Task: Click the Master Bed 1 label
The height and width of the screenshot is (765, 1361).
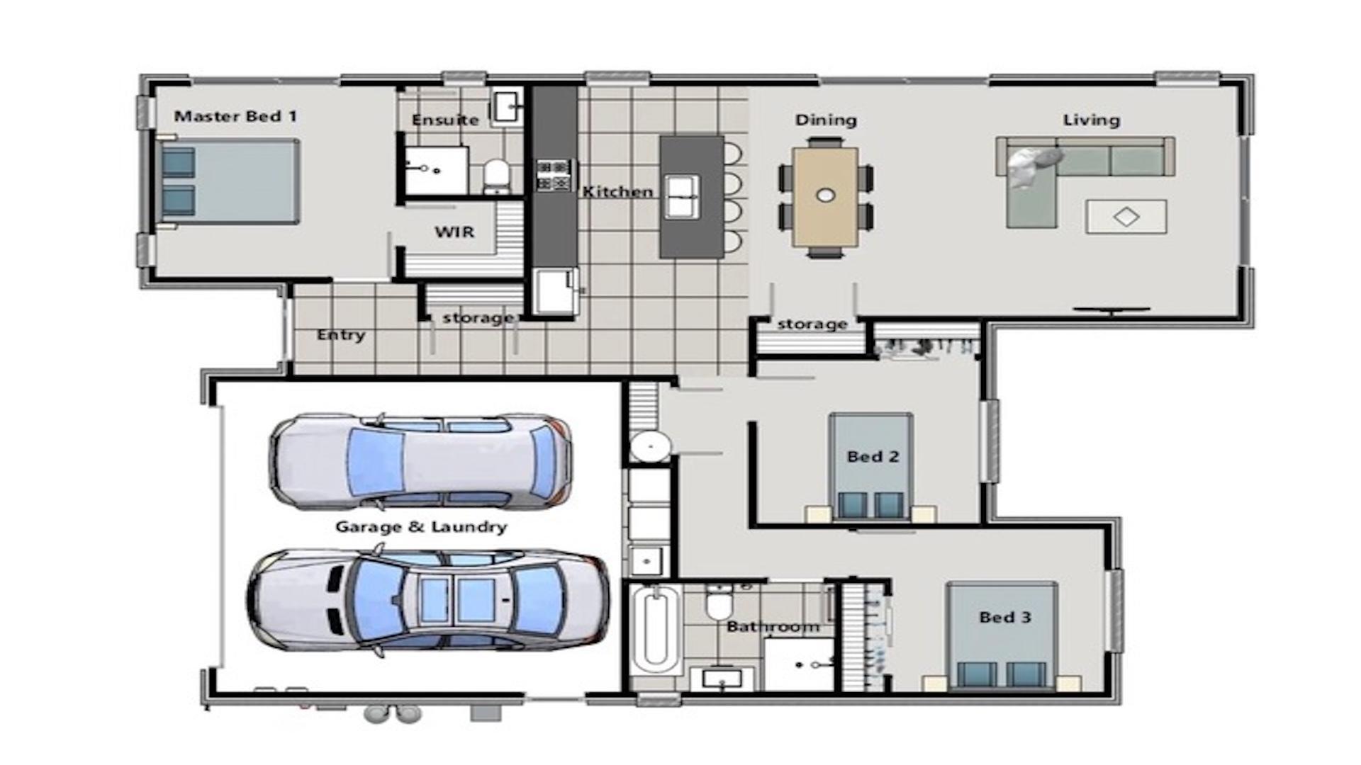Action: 235,116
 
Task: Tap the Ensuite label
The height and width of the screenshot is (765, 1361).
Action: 445,120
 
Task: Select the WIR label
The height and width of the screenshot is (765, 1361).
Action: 454,232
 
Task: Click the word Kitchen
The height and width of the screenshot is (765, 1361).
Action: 617,192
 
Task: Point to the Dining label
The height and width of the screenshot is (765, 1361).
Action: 825,120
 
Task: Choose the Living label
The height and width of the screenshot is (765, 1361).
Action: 1091,120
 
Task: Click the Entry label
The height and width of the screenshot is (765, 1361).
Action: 341,334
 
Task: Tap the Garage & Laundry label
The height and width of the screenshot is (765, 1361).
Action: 421,527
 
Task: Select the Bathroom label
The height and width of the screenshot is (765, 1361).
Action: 773,627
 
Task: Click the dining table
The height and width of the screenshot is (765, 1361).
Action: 826,196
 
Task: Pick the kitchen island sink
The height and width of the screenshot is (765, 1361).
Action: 682,196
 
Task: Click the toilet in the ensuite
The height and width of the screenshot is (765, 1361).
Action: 497,174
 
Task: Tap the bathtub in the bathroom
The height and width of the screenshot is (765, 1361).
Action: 654,629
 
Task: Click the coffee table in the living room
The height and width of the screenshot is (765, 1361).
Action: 1126,216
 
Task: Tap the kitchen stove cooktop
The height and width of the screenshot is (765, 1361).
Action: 554,175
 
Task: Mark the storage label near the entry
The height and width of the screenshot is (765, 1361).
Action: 478,318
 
